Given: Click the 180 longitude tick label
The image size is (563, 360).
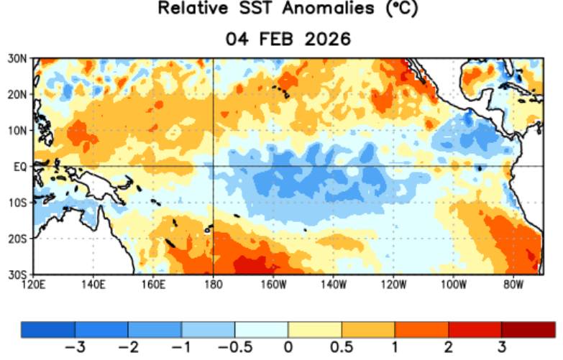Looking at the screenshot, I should pyautogui.click(x=213, y=285).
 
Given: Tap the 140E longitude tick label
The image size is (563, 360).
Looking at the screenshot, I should pyautogui.click(x=93, y=285).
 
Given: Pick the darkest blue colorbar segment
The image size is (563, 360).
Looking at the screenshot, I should pyautogui.click(x=48, y=330).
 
